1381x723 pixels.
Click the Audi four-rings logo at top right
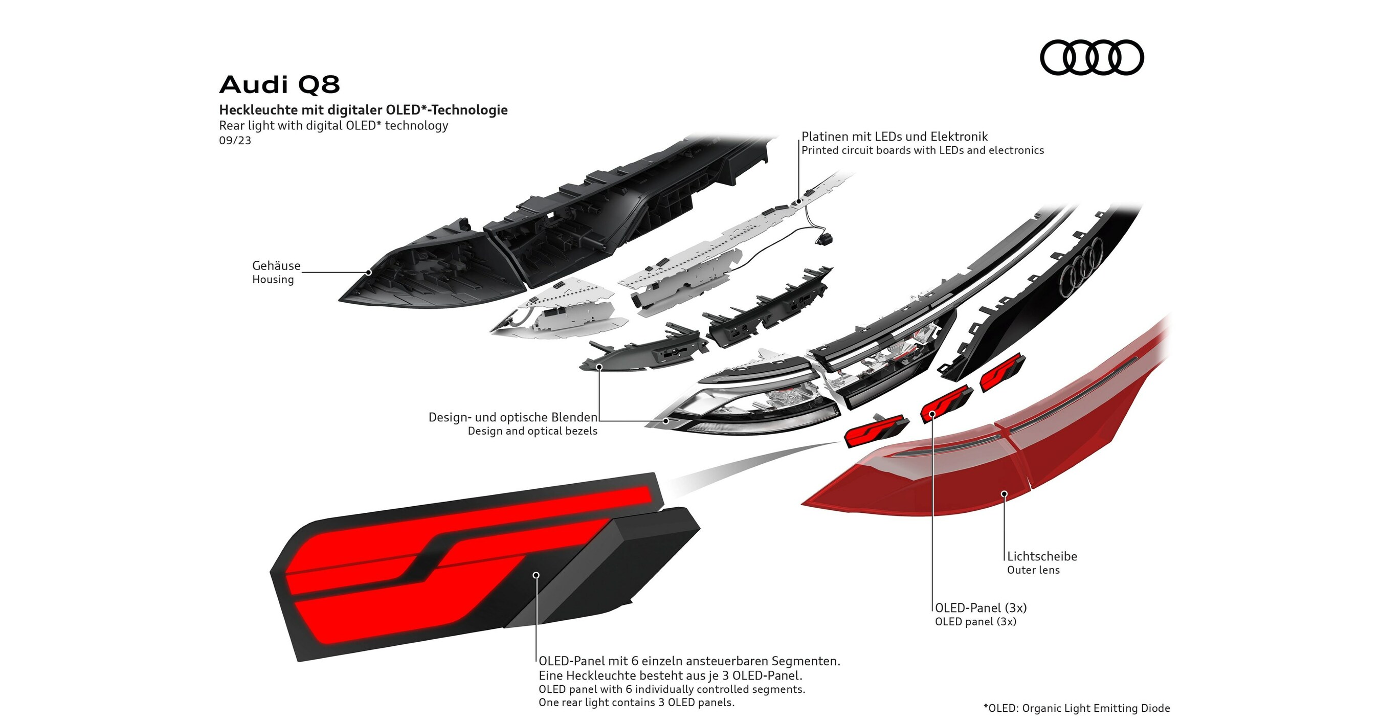tap(1092, 57)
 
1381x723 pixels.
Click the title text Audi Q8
tap(279, 85)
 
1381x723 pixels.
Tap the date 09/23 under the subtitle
tap(235, 141)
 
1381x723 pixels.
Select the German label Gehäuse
tap(276, 265)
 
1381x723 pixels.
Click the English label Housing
tap(273, 279)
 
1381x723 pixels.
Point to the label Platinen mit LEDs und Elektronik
tap(894, 137)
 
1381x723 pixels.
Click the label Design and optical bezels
tap(532, 431)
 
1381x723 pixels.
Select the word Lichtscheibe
tap(1042, 556)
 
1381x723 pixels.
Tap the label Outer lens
tap(1033, 570)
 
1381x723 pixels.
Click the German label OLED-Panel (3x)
tap(981, 608)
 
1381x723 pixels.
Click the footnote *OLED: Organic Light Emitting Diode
tap(1077, 708)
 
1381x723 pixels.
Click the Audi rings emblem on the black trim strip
tap(1082, 267)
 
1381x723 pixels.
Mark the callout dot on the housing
tap(369, 272)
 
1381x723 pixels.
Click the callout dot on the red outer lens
tap(1004, 493)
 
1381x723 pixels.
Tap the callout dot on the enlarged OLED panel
tap(536, 575)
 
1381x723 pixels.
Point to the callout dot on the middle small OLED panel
tap(932, 414)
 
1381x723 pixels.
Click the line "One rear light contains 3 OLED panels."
tap(636, 702)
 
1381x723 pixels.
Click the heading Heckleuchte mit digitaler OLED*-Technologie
tap(363, 110)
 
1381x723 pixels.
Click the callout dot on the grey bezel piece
tap(599, 367)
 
